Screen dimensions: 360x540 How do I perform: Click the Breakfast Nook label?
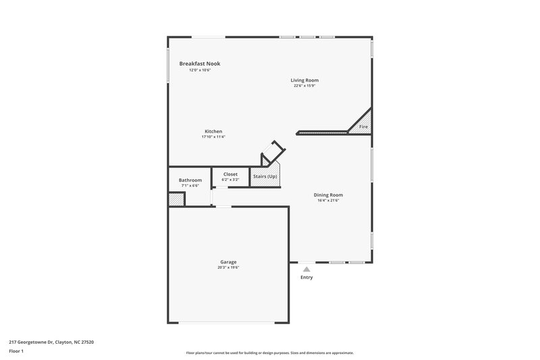199,63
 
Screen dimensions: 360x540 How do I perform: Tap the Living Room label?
304,80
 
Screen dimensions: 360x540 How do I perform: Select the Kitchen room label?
213,131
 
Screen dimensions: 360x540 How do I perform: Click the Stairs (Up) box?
265,176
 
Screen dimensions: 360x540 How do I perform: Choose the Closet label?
230,174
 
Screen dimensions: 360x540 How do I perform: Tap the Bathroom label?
190,180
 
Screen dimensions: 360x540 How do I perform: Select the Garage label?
228,261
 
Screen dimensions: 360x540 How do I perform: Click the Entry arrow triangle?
306,269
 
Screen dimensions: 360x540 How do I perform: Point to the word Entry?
306,277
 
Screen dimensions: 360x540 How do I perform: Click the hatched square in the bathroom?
176,200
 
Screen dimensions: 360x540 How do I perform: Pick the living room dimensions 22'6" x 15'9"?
304,86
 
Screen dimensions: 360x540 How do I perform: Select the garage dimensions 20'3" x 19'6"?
228,267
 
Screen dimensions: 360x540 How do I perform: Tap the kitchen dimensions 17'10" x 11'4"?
213,137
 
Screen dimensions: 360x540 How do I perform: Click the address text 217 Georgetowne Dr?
51,342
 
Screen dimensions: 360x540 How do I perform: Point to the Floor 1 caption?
16,351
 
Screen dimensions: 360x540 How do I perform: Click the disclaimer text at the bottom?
269,353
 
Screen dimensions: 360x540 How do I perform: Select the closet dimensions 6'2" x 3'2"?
230,180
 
